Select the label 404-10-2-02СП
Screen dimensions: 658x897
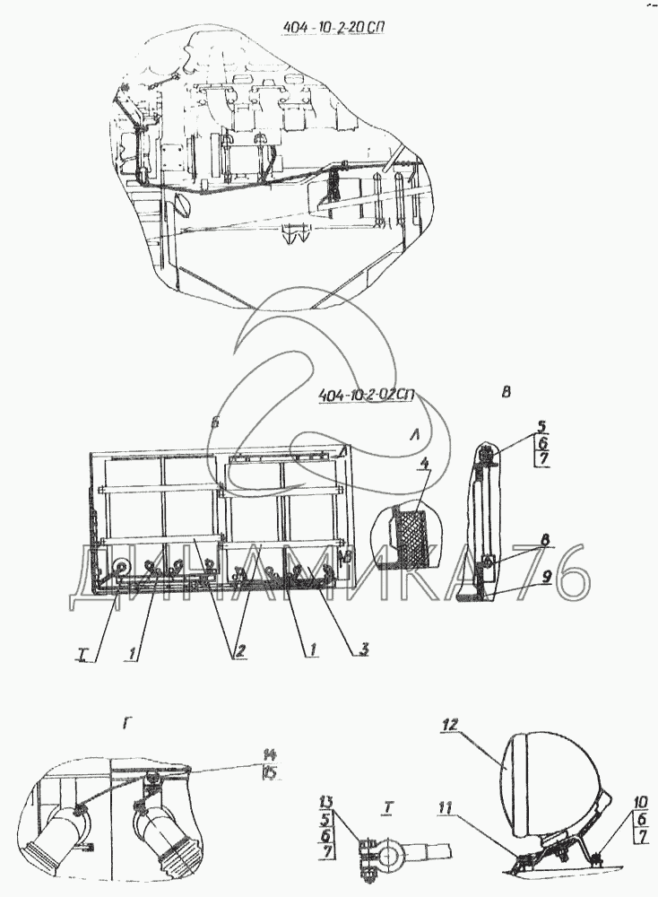tap(370, 395)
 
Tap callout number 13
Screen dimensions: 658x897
tap(326, 800)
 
